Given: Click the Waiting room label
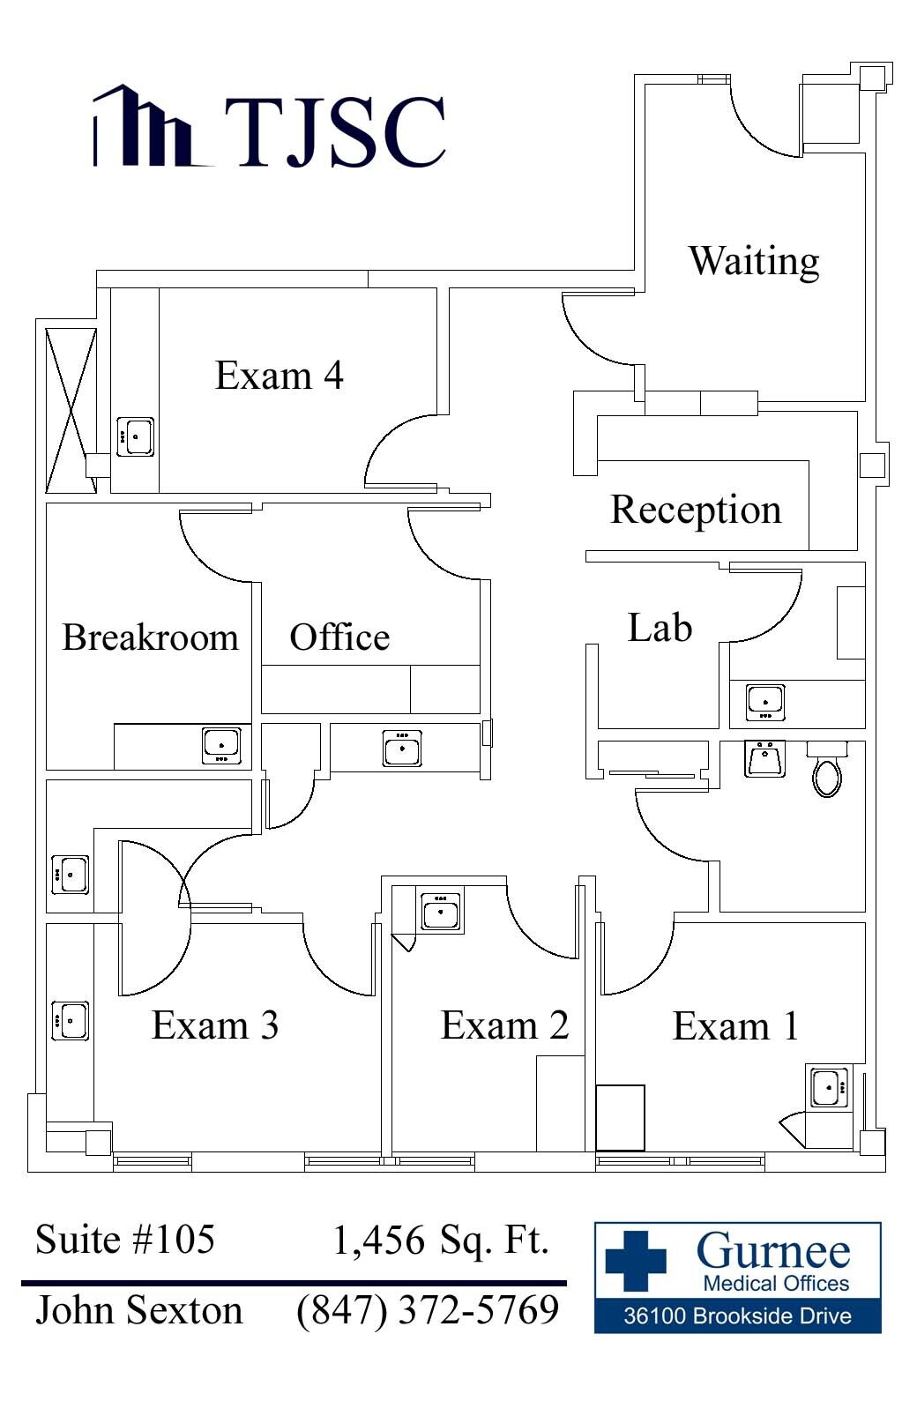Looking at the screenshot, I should pyautogui.click(x=754, y=262).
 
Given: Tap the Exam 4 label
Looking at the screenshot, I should pyautogui.click(x=279, y=376).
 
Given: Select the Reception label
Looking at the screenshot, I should pyautogui.click(x=696, y=510).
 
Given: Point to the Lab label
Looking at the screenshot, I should pyautogui.click(x=660, y=628).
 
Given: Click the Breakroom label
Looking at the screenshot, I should pyautogui.click(x=150, y=637).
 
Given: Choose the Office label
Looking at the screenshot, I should pyautogui.click(x=339, y=637).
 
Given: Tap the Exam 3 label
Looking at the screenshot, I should pyautogui.click(x=215, y=1025).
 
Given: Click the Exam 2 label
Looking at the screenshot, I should pyautogui.click(x=504, y=1025).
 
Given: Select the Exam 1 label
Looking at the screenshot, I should pyautogui.click(x=735, y=1025).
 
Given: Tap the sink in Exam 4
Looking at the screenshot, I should pyautogui.click(x=137, y=436).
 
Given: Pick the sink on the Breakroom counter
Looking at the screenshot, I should pyautogui.click(x=220, y=745).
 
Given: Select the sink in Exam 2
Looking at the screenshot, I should pyautogui.click(x=441, y=911).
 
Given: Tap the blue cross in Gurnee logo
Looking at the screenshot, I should pyautogui.click(x=636, y=1260).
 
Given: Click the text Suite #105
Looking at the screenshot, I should pyautogui.click(x=125, y=1240).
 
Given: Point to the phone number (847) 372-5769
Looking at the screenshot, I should pyautogui.click(x=428, y=1310).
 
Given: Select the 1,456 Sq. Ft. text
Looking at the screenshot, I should pyautogui.click(x=441, y=1241).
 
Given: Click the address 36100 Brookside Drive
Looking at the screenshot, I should pyautogui.click(x=737, y=1316).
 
